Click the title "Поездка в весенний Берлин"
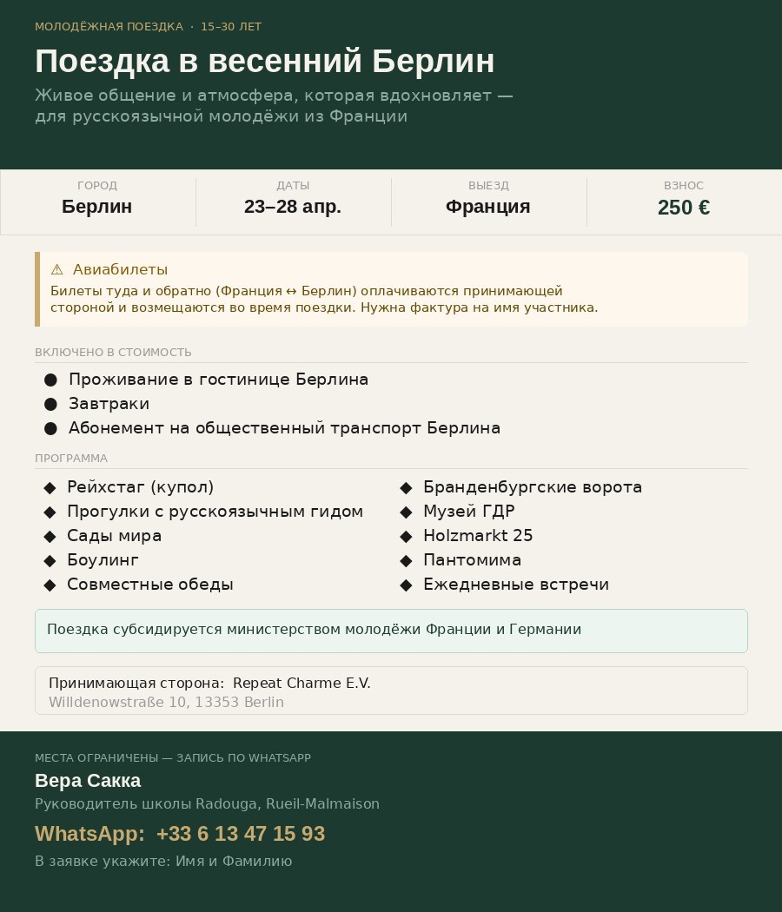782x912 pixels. point(265,62)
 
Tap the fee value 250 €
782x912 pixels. point(684,208)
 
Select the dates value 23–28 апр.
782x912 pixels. point(293,207)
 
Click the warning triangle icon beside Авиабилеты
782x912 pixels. point(57,270)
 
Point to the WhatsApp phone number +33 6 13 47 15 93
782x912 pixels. point(241,834)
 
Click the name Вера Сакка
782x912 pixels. point(88,781)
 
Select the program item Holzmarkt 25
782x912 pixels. point(478,536)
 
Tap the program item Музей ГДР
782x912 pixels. point(468,512)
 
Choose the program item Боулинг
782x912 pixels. point(103,560)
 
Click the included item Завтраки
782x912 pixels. point(109,404)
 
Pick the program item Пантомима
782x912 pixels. point(472,560)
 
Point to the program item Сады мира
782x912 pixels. point(114,536)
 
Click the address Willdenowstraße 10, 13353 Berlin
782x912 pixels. point(166,702)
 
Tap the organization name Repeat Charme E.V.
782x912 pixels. point(302,683)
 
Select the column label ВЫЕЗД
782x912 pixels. point(488,186)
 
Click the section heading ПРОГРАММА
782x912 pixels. point(71,459)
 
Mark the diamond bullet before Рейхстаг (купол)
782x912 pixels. point(50,487)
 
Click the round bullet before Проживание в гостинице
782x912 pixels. point(50,380)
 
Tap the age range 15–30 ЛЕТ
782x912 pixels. point(231,27)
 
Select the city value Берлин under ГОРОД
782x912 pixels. point(97,207)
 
